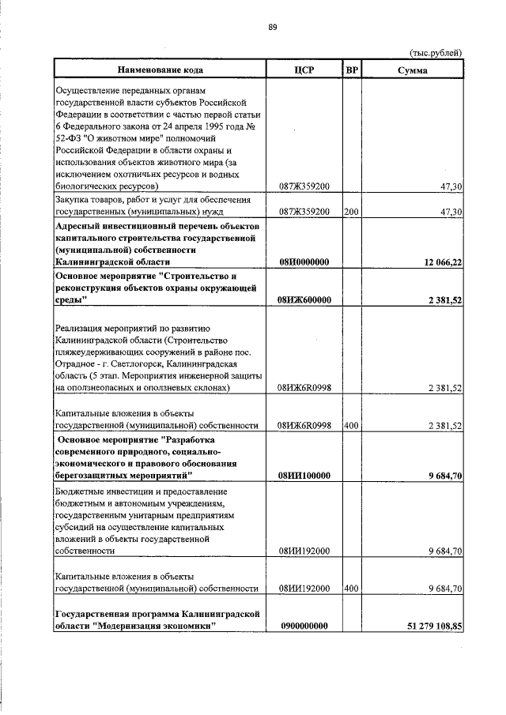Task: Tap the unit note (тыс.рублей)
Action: click(436, 52)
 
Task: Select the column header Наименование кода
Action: click(160, 70)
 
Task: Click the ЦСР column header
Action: click(304, 70)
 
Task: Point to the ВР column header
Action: click(352, 70)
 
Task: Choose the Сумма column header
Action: click(413, 70)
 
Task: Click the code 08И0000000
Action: click(304, 262)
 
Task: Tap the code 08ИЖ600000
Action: click(304, 300)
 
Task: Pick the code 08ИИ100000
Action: click(304, 476)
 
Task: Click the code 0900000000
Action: click(304, 626)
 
